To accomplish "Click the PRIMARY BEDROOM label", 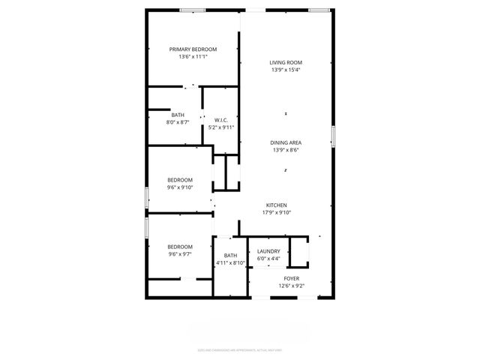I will [193, 49].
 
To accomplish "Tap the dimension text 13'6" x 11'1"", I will [193, 56].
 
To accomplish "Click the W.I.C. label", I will [221, 120].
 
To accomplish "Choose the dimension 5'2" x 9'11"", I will [221, 127].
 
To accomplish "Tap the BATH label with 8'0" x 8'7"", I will [178, 115].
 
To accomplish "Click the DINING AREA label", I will [286, 142].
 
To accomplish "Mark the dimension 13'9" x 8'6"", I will [286, 149].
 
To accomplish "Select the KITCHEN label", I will [277, 205].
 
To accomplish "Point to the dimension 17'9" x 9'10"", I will [277, 212].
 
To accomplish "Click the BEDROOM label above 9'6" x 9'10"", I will [180, 180].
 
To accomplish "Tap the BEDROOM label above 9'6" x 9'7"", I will [180, 246].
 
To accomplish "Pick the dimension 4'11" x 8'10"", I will [231, 263].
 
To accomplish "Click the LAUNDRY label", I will [268, 251].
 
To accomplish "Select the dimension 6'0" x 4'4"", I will [268, 259].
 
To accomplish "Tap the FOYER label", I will [291, 278].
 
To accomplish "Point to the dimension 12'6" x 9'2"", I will [291, 286].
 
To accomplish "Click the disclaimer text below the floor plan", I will [240, 349].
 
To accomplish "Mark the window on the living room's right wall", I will [333, 135].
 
